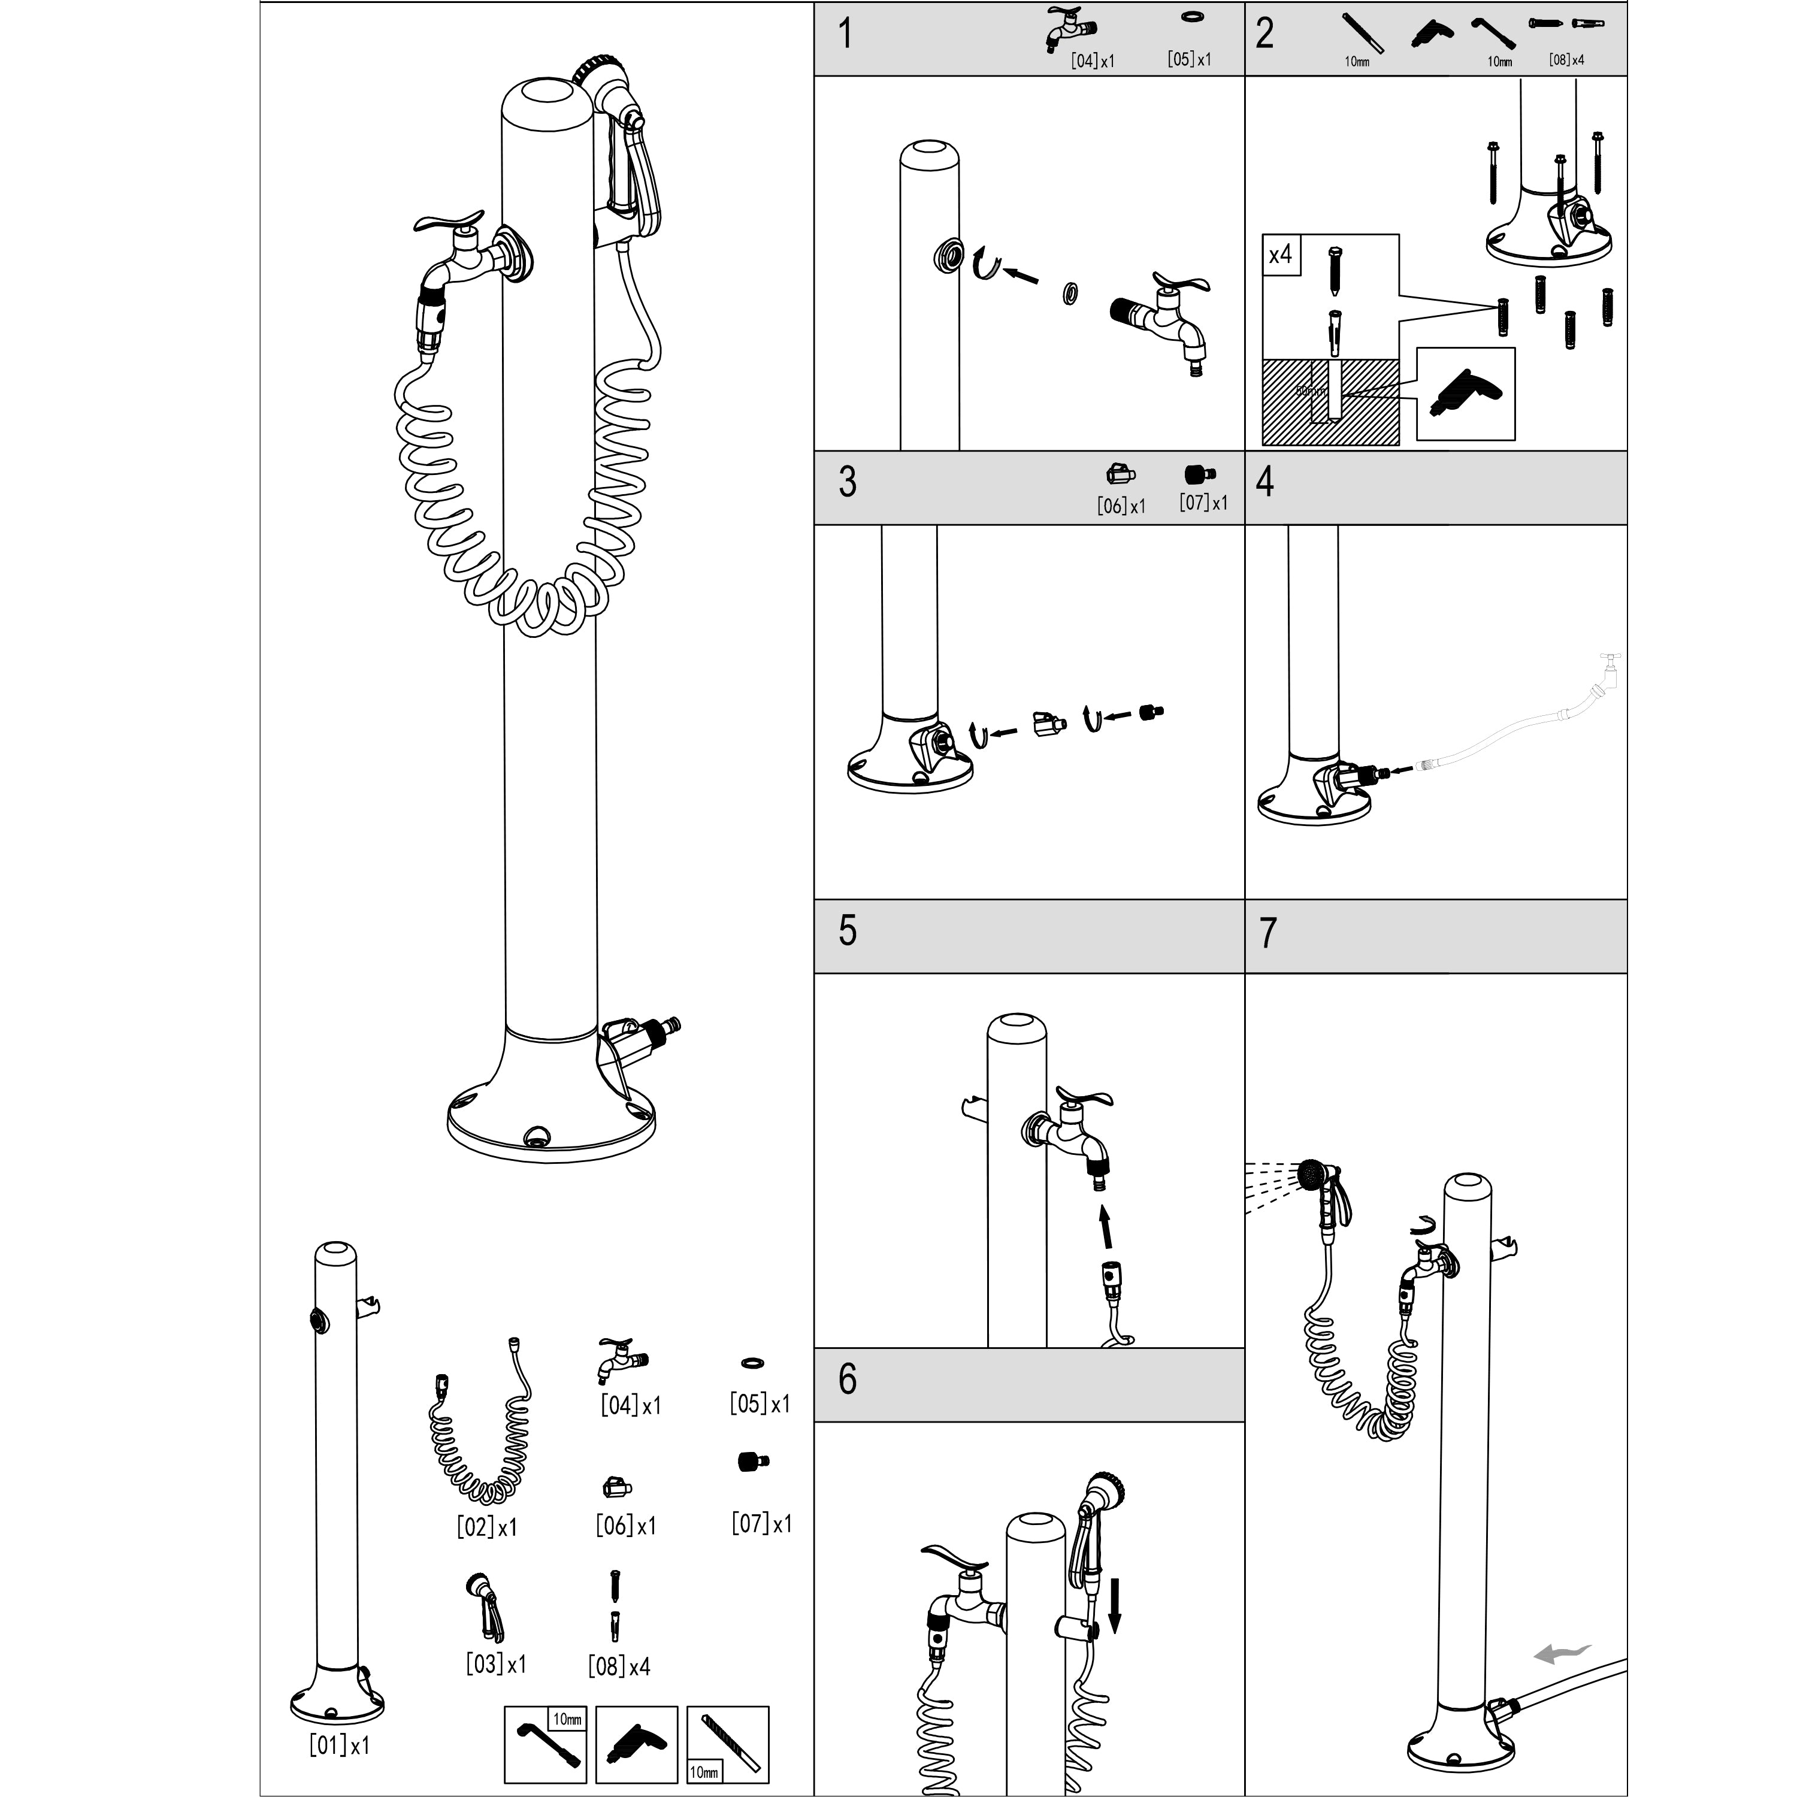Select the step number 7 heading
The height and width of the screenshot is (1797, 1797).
pos(1267,933)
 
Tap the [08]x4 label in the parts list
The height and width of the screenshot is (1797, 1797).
pos(619,1666)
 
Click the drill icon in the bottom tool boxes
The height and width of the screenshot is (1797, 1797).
pos(636,1744)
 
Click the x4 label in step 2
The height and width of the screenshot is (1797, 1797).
pos(1281,254)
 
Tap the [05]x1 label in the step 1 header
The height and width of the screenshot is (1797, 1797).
pos(1188,59)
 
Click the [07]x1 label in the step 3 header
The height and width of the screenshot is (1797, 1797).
pos(1203,503)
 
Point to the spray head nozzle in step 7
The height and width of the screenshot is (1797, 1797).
pos(1311,1175)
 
